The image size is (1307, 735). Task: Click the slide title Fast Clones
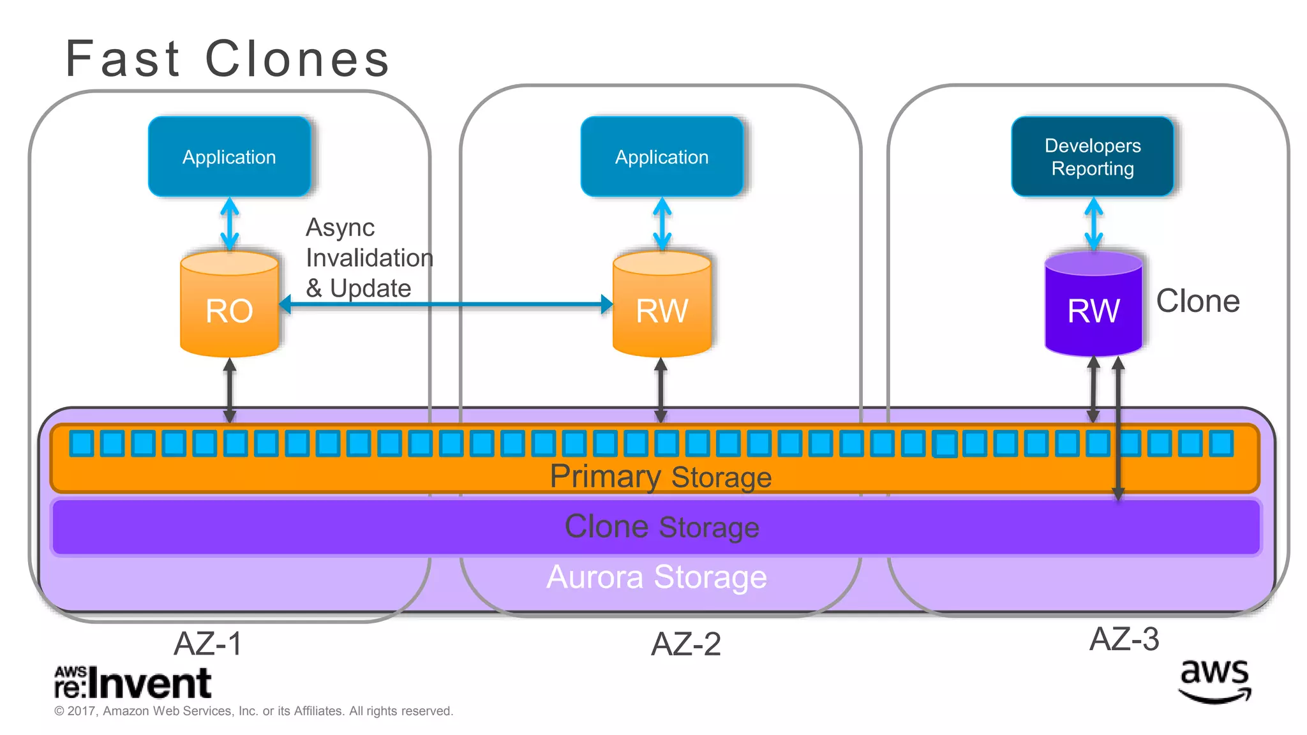click(227, 59)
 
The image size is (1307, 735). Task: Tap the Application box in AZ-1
click(229, 156)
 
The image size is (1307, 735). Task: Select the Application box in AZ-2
click(662, 156)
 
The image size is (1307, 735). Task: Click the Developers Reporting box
click(1093, 156)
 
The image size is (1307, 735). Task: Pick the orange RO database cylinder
click(229, 306)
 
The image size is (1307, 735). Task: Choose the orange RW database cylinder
click(662, 306)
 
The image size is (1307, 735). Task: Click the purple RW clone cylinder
click(1093, 306)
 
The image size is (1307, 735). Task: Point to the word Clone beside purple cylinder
click(1198, 301)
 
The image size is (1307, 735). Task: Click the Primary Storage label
click(661, 477)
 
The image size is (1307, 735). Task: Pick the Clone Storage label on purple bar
click(662, 527)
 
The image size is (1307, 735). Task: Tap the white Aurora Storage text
click(657, 577)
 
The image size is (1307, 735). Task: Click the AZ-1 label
click(208, 643)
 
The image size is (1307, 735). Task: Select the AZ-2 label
click(685, 644)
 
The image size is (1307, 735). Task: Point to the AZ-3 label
click(1124, 639)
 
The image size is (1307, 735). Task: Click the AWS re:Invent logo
click(133, 683)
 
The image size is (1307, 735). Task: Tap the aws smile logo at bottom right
click(1214, 681)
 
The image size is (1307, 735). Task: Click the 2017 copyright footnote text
click(253, 711)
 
